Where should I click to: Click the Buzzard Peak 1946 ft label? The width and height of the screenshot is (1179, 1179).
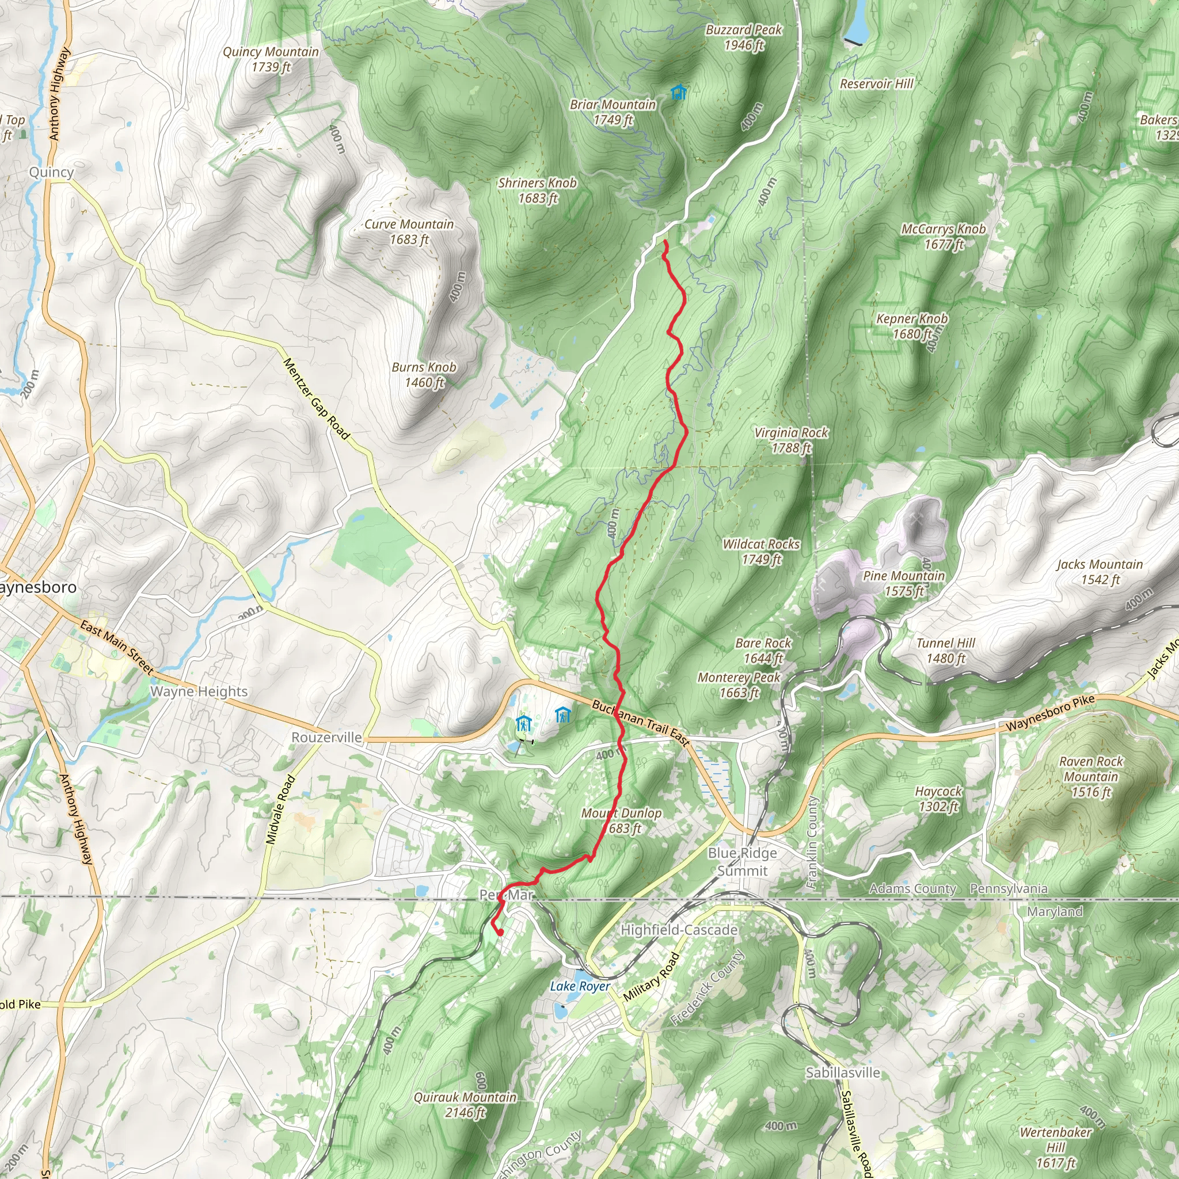[x=743, y=37]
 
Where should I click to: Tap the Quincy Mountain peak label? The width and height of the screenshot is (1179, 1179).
[x=271, y=59]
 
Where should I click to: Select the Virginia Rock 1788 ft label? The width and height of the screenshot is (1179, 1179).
[x=791, y=440]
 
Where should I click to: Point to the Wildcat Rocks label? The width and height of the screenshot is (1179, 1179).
[x=761, y=552]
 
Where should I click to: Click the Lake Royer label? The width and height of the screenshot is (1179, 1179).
[x=580, y=986]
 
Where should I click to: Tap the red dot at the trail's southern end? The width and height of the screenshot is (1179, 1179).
[x=500, y=933]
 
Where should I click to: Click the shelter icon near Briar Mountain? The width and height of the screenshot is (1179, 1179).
[x=678, y=93]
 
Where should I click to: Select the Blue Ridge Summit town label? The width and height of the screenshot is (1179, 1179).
[x=742, y=862]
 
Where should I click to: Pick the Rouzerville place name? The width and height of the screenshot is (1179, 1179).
[x=326, y=737]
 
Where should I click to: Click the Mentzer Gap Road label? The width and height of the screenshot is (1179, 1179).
[x=316, y=398]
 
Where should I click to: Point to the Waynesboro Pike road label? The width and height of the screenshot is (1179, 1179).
[x=1050, y=713]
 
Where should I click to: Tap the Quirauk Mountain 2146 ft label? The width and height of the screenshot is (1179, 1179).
[x=465, y=1105]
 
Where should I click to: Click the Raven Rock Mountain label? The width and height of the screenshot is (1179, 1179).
[x=1090, y=777]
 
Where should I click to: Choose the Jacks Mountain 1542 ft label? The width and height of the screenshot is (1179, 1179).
[x=1100, y=572]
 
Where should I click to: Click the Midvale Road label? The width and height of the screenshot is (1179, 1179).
[x=281, y=810]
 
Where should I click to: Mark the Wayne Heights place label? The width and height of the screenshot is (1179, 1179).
[x=199, y=691]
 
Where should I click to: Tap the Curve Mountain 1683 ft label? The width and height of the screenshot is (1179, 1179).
[x=409, y=232]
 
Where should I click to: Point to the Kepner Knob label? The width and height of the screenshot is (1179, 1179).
[x=912, y=326]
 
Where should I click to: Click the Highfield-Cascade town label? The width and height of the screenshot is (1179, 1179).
[x=679, y=930]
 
